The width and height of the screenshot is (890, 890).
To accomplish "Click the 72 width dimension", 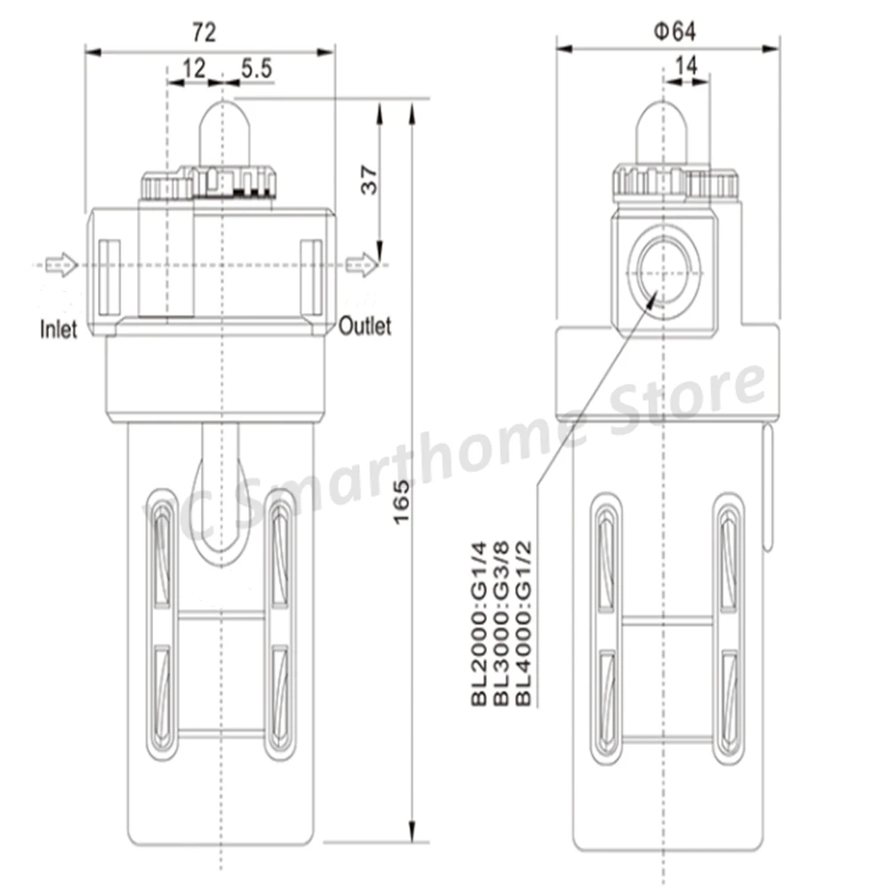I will click(x=205, y=33).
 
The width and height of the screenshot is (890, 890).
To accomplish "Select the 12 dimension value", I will click(x=194, y=68).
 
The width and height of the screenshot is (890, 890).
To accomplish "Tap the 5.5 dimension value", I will click(x=255, y=68).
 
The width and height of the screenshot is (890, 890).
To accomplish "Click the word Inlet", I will click(x=59, y=330).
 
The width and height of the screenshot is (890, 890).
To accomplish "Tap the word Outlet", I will click(x=364, y=327).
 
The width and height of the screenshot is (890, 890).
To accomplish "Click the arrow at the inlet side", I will click(x=61, y=264).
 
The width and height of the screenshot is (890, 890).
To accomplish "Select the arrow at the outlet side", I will click(x=361, y=264).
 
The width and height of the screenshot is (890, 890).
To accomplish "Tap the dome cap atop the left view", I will click(x=222, y=132).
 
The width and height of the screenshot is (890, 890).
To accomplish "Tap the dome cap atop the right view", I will click(x=662, y=132).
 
